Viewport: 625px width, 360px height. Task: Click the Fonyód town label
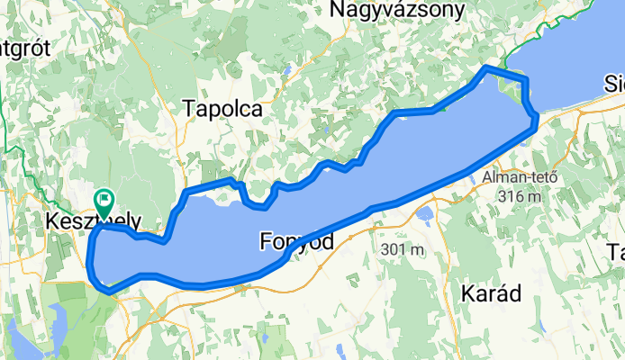296,241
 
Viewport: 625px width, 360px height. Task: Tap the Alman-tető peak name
520,176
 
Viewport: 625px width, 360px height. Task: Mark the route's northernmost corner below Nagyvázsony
486,68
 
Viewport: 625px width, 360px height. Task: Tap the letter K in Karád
467,293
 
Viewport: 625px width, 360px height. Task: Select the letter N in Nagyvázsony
340,10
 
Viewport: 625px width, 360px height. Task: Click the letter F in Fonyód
265,241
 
